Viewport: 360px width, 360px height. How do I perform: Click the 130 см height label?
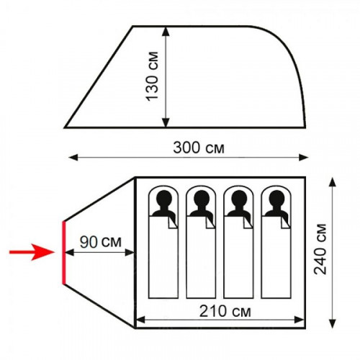[x=153, y=76]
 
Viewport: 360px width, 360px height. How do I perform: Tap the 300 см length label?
[x=199, y=148]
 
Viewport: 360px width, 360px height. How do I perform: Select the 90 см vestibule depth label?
[x=101, y=242]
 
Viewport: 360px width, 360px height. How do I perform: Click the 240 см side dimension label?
[x=320, y=249]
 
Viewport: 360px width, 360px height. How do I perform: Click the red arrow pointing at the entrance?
[x=32, y=252]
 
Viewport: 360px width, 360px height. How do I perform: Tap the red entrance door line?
[x=64, y=253]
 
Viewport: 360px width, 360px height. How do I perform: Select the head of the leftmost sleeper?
[x=164, y=198]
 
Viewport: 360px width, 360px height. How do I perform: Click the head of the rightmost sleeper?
[x=276, y=198]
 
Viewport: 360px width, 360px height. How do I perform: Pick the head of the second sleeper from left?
[x=202, y=198]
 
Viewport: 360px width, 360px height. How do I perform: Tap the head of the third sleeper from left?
[x=239, y=198]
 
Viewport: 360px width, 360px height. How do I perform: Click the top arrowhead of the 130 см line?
[x=166, y=31]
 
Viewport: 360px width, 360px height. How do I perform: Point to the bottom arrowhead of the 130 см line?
[x=166, y=122]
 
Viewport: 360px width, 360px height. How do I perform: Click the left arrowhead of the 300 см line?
[x=73, y=158]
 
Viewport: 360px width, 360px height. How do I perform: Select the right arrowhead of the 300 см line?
[x=303, y=158]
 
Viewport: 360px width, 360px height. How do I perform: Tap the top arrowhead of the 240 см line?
[x=333, y=182]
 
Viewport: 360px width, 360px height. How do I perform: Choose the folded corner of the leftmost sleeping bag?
[x=173, y=222]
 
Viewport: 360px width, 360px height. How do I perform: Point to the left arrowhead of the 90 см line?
[x=69, y=253]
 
